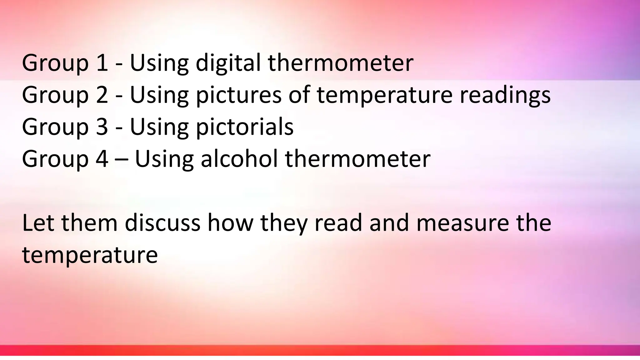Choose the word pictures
tap(238, 95)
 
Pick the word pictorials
tap(244, 127)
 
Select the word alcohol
tap(239, 159)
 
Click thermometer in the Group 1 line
tap(341, 63)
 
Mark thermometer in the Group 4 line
tap(357, 159)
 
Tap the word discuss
tap(162, 223)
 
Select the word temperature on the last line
tap(90, 255)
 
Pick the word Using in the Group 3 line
tap(159, 127)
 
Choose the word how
tap(230, 223)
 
